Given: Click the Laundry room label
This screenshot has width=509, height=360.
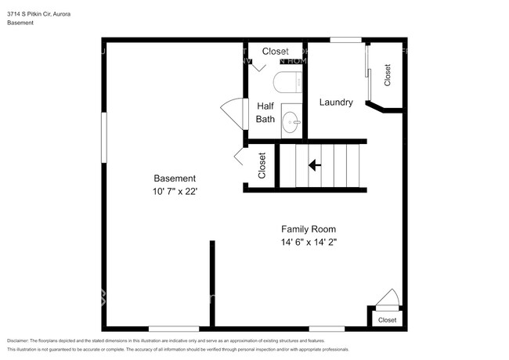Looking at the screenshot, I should [x=335, y=103].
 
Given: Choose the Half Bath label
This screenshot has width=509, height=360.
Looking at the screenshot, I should [x=265, y=113].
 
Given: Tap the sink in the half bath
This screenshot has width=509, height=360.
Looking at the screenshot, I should [x=291, y=121].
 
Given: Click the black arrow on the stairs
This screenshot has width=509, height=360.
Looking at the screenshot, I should [x=315, y=165].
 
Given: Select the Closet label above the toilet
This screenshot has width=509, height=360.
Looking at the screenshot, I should [x=275, y=52].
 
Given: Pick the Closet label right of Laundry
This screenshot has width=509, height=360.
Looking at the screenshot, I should [x=387, y=74].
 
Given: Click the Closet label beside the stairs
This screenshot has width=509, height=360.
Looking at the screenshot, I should [x=262, y=165].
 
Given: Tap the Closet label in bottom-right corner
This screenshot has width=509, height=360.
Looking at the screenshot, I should [x=388, y=320].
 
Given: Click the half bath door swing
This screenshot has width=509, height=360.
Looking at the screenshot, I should [x=233, y=111].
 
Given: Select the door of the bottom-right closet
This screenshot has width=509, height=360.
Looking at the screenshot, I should [x=387, y=298].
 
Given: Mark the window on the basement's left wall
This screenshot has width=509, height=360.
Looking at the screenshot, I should [x=103, y=137].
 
